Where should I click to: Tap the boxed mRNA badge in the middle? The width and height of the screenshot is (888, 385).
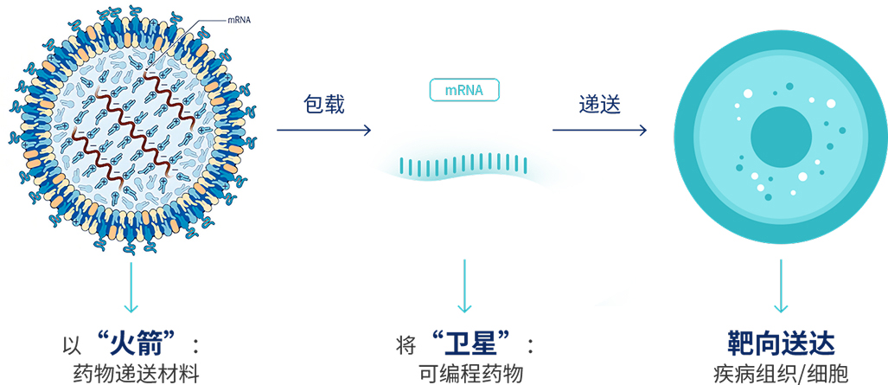(x=464, y=90)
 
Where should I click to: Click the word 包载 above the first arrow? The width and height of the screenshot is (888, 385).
(x=324, y=105)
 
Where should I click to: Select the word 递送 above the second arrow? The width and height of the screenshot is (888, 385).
(x=600, y=105)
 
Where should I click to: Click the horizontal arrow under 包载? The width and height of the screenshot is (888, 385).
(x=323, y=131)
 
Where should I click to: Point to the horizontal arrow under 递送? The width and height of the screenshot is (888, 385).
(x=599, y=131)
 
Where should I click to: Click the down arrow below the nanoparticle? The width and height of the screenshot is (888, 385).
(x=131, y=286)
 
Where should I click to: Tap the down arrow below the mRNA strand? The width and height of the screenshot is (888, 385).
(x=465, y=286)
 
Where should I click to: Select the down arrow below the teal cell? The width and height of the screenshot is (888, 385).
(x=782, y=286)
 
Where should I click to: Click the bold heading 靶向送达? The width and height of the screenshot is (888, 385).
(x=780, y=343)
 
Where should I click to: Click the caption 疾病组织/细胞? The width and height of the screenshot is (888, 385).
(x=780, y=374)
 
